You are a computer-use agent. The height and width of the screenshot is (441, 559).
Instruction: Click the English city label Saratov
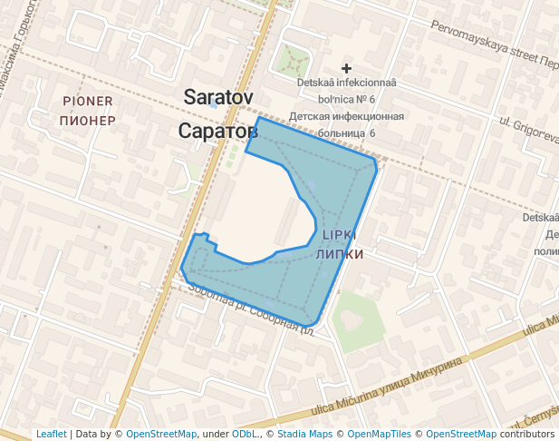[x=218, y=97]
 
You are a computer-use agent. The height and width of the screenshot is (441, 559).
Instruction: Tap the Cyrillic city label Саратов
[x=217, y=132]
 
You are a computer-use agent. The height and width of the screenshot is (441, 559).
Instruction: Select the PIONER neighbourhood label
[x=88, y=101]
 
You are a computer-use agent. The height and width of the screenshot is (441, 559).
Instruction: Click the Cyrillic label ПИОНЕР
[x=87, y=120]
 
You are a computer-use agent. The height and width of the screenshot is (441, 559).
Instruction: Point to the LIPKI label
[x=339, y=235]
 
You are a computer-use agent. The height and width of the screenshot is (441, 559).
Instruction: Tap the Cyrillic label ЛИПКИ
[x=339, y=254]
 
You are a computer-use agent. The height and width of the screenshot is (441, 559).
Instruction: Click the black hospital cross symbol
[x=346, y=68]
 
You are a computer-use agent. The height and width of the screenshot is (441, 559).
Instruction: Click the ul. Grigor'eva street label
[x=529, y=129]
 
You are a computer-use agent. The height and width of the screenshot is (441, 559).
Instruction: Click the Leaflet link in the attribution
[x=52, y=435]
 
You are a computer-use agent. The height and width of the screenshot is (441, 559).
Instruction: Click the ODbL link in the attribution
[x=245, y=435]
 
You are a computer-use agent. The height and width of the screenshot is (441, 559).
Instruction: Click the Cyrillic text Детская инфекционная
[x=346, y=116]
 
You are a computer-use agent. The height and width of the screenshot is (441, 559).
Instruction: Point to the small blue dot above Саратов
[x=213, y=105]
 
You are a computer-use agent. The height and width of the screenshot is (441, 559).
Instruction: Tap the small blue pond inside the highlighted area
[x=311, y=187]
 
